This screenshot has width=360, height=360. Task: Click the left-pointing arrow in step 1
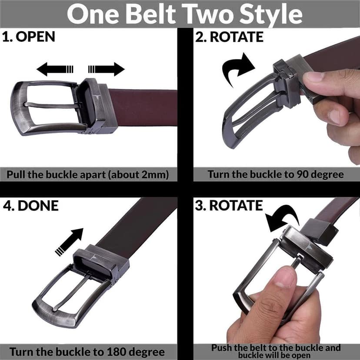point(55,69)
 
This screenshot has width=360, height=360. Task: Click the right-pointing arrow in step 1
point(106,69)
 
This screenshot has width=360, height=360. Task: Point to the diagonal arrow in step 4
point(69,242)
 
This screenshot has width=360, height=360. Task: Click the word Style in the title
point(271,15)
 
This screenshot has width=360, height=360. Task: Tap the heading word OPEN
point(35,37)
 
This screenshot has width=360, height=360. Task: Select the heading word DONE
point(38,206)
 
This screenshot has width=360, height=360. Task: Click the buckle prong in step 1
point(52,106)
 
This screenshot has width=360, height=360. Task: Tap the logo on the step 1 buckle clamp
point(97,97)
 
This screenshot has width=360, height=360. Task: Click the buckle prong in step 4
point(71,292)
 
